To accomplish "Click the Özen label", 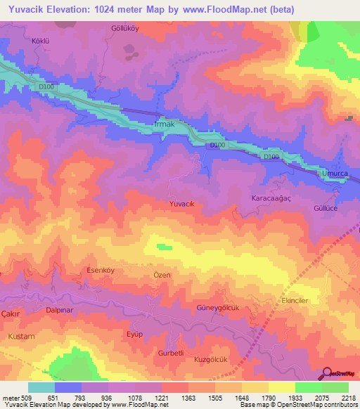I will [162, 275].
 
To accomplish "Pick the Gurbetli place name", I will [171, 352].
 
